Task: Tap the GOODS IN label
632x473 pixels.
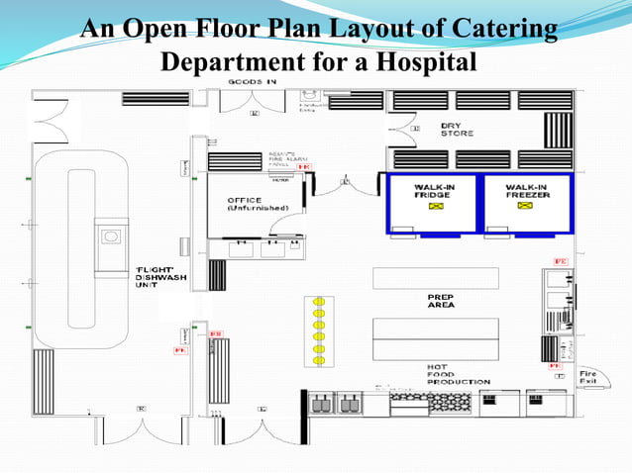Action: click(254, 80)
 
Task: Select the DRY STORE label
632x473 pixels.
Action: click(457, 130)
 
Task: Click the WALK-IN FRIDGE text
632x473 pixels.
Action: click(433, 191)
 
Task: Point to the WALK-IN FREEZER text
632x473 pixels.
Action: click(526, 191)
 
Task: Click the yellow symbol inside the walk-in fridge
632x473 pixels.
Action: click(433, 208)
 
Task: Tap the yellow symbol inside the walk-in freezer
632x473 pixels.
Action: click(526, 208)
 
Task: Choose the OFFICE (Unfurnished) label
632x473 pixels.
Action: click(257, 204)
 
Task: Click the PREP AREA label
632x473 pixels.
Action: click(441, 301)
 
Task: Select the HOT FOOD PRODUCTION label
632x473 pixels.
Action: click(458, 374)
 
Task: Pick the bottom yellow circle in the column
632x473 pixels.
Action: click(319, 361)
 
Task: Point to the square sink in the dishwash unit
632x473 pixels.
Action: click(111, 236)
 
